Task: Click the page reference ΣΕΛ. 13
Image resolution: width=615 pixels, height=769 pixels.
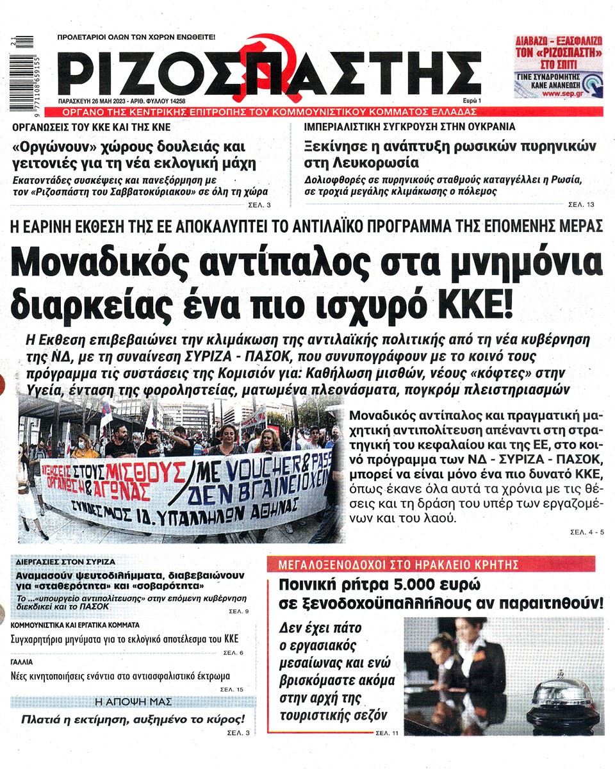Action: [581, 204]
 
